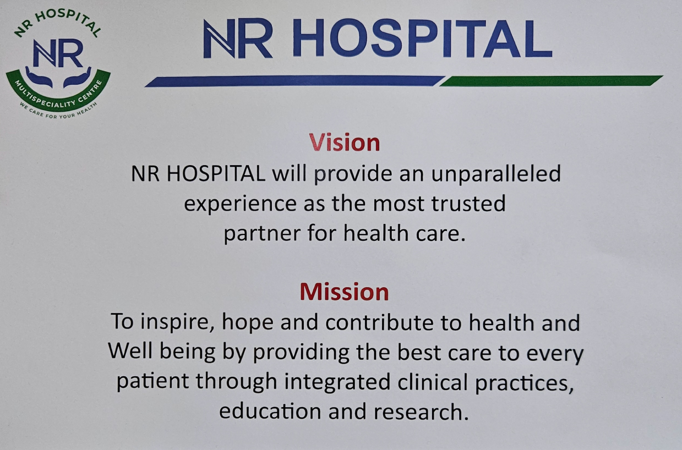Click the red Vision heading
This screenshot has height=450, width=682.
click(x=345, y=142)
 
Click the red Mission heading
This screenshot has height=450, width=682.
click(x=345, y=292)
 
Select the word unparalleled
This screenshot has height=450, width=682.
click(x=496, y=174)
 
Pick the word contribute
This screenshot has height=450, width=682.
click(x=379, y=322)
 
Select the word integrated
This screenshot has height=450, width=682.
click(x=337, y=382)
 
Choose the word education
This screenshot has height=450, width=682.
click(x=270, y=411)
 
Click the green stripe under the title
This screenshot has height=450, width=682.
click(x=551, y=81)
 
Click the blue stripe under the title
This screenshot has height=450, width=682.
click(x=294, y=81)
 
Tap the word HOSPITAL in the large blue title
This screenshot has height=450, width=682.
click(x=422, y=38)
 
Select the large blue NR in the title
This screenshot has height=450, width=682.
click(x=237, y=39)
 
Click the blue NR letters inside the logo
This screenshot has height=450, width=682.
click(x=58, y=53)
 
